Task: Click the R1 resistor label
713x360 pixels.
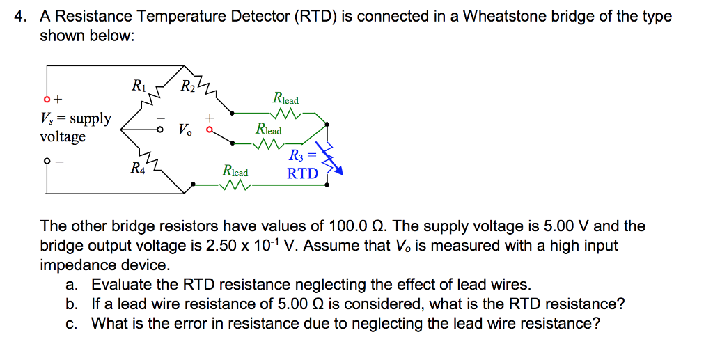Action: tap(139, 87)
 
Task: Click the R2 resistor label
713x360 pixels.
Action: tap(188, 87)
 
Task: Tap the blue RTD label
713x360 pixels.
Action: tap(303, 173)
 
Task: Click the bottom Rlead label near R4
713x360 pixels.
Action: tap(235, 171)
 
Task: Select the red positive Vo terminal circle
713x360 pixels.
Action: tap(208, 130)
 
